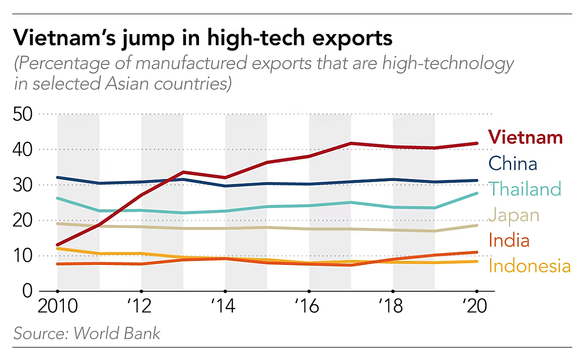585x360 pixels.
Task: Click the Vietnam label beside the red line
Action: coord(525,137)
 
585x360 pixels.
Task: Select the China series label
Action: coord(513,163)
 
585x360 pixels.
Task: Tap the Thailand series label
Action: coord(525,189)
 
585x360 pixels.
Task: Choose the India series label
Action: coord(509,240)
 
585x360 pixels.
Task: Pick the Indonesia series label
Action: coord(529,266)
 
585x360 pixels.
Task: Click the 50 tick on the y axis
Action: coord(24,115)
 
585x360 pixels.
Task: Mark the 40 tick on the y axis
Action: coord(24,150)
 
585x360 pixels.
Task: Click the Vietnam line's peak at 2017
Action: coord(351,143)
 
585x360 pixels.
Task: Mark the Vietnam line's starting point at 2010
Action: coord(58,244)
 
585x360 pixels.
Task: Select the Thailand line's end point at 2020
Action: coord(476,193)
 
